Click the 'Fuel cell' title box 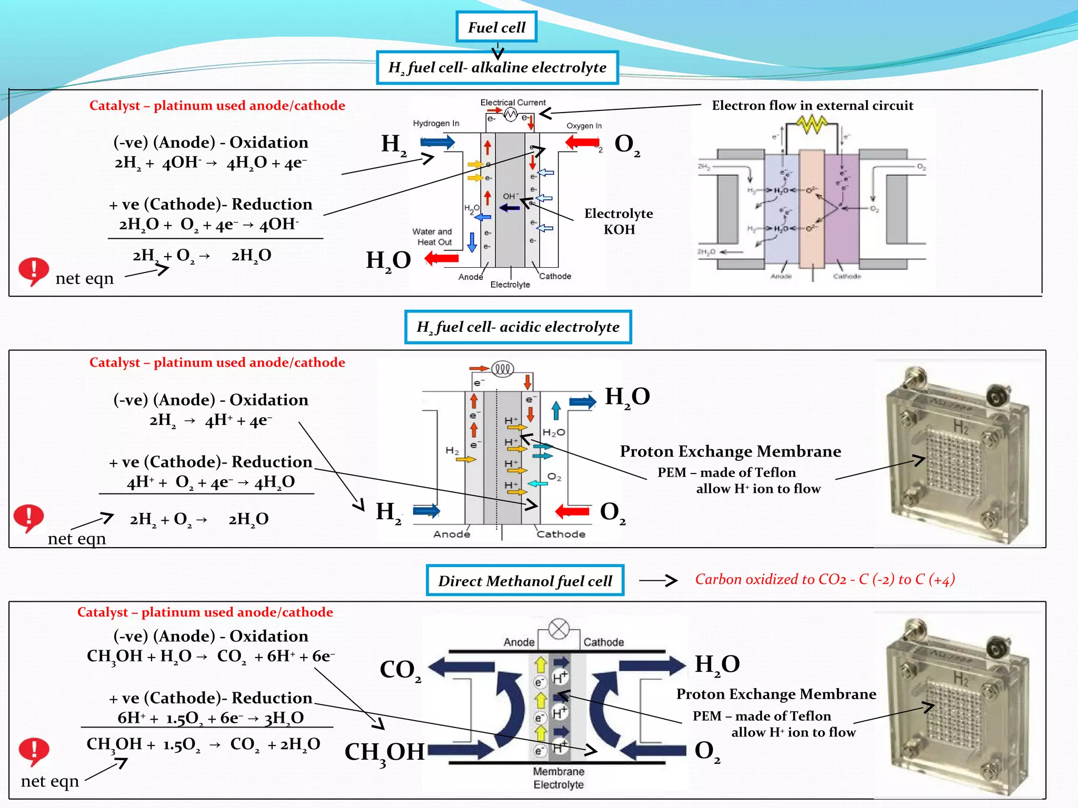tap(496, 27)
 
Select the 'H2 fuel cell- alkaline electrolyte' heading tap(497, 67)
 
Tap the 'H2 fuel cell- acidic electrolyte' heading tap(518, 327)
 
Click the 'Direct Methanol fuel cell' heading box tap(525, 581)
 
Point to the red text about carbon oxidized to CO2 tap(824, 579)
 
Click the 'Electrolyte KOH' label tap(618, 221)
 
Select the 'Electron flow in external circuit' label tap(812, 105)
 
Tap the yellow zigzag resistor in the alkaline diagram tap(812, 124)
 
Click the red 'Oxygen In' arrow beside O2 tap(582, 142)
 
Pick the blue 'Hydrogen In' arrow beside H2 tap(437, 142)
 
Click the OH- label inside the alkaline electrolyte tap(510, 196)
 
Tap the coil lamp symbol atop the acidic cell tap(502, 369)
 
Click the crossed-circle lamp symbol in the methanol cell tap(558, 629)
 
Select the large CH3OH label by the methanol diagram tap(384, 752)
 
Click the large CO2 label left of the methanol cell tap(400, 670)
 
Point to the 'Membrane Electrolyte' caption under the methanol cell tap(558, 778)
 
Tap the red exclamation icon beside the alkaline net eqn tap(33, 271)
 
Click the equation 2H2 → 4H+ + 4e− tap(211, 420)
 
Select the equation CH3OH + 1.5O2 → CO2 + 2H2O tap(203, 744)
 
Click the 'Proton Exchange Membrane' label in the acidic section tap(730, 451)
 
